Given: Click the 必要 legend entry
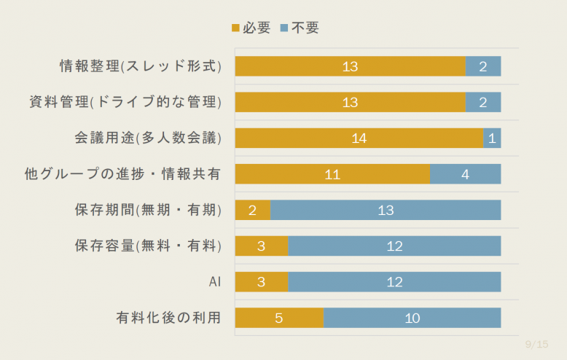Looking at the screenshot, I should click(251, 28).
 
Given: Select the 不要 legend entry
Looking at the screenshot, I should click(299, 28).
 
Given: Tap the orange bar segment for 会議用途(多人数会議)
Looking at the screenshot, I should click(359, 138).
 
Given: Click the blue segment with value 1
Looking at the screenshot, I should click(492, 138).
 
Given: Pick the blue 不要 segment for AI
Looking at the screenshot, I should click(394, 282).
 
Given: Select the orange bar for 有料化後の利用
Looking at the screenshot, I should click(279, 318).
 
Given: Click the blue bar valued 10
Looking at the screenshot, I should click(412, 318).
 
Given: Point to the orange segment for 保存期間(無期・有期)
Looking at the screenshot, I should click(252, 210).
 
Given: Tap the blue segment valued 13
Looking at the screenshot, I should click(386, 210).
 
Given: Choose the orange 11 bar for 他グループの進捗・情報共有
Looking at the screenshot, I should click(332, 174).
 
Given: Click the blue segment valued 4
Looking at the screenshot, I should click(465, 174).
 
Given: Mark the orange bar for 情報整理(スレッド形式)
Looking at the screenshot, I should click(350, 66).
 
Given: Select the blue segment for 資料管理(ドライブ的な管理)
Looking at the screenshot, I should click(483, 102).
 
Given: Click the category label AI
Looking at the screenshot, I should click(215, 282).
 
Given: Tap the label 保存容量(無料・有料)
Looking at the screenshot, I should click(147, 246).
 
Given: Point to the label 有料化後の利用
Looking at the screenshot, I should click(168, 318).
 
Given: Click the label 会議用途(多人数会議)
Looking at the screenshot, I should click(147, 138).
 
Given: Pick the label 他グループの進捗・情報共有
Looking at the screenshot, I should click(122, 174).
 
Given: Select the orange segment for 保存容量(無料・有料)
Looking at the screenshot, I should click(261, 246).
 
